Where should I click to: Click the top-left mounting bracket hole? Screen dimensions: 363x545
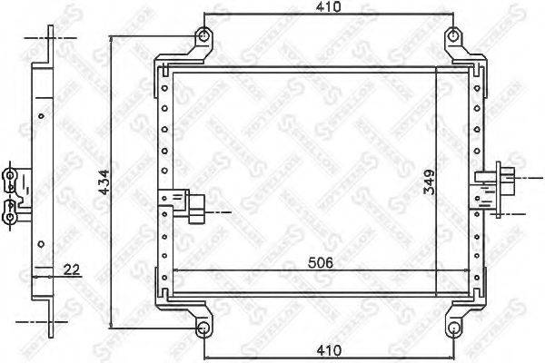point(204,37)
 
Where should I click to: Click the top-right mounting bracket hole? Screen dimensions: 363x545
point(452,37)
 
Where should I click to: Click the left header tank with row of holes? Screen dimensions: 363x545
point(164,181)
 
